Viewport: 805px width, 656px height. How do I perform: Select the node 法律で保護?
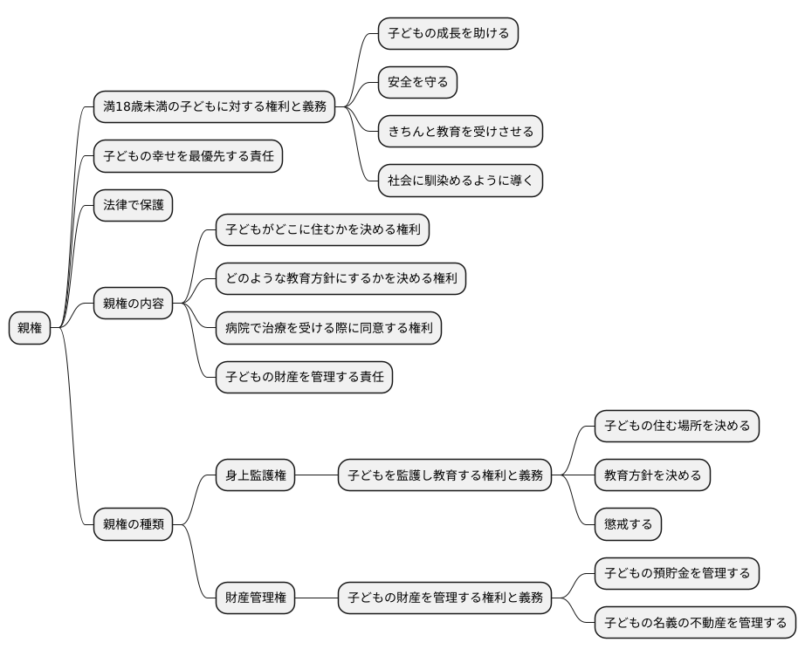[x=133, y=206]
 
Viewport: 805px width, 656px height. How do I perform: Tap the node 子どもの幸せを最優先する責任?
[x=188, y=157]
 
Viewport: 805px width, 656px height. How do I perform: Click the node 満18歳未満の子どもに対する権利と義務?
[x=215, y=107]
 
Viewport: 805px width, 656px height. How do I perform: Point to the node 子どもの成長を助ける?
[x=448, y=34]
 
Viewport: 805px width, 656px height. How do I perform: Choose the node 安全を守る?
[x=417, y=83]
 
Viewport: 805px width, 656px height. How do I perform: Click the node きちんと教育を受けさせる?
[x=460, y=132]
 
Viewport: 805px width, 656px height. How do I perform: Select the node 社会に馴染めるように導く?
[x=460, y=181]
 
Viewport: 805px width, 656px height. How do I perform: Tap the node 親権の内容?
[x=133, y=304]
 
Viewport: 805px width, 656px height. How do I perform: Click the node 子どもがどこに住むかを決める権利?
[x=322, y=230]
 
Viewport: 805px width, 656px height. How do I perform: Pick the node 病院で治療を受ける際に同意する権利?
[x=328, y=328]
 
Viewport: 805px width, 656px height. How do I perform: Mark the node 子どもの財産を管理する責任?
[x=304, y=378]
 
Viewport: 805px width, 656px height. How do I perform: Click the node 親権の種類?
[x=133, y=524]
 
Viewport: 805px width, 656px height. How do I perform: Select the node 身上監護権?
[x=256, y=475]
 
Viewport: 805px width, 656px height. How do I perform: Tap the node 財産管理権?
[x=256, y=598]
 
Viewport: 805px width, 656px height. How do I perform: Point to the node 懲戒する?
[x=628, y=524]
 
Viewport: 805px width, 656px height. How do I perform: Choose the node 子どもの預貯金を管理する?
[x=677, y=574]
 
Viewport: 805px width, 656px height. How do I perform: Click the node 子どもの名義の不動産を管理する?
[x=695, y=623]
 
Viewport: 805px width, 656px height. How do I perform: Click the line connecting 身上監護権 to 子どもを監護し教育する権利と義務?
[x=317, y=475]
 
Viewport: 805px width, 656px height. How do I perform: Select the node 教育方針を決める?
[x=652, y=475]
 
